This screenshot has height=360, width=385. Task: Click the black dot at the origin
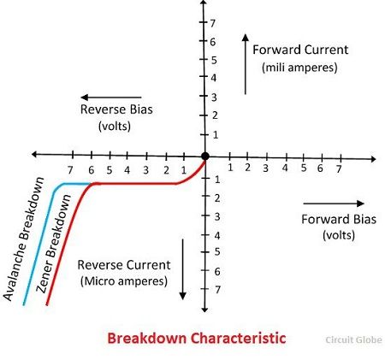click(x=204, y=156)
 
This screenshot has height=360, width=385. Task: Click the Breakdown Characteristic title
click(x=197, y=339)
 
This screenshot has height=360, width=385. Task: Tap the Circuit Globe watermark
click(x=353, y=340)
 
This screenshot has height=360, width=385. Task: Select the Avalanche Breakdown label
click(x=24, y=239)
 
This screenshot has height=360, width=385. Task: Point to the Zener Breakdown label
click(x=53, y=244)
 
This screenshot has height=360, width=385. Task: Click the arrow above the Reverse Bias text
click(x=111, y=97)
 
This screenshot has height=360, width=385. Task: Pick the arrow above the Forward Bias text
click(x=334, y=204)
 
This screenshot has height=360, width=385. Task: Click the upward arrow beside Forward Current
click(x=246, y=64)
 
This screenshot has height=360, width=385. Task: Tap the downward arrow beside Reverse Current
click(x=183, y=269)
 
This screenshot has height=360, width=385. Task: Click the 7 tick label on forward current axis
click(x=213, y=23)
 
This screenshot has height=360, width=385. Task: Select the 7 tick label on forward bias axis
click(x=339, y=169)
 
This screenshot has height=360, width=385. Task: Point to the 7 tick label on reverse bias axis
click(x=70, y=170)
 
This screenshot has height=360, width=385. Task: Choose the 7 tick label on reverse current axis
click(x=217, y=290)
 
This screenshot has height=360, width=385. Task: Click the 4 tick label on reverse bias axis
click(x=127, y=170)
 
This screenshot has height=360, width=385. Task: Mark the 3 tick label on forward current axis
click(x=214, y=97)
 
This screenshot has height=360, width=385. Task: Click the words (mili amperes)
click(x=299, y=68)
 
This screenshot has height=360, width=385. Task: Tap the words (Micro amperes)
click(x=124, y=281)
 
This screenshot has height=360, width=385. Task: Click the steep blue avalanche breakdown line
click(x=38, y=246)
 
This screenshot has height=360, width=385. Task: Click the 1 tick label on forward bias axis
click(x=230, y=168)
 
